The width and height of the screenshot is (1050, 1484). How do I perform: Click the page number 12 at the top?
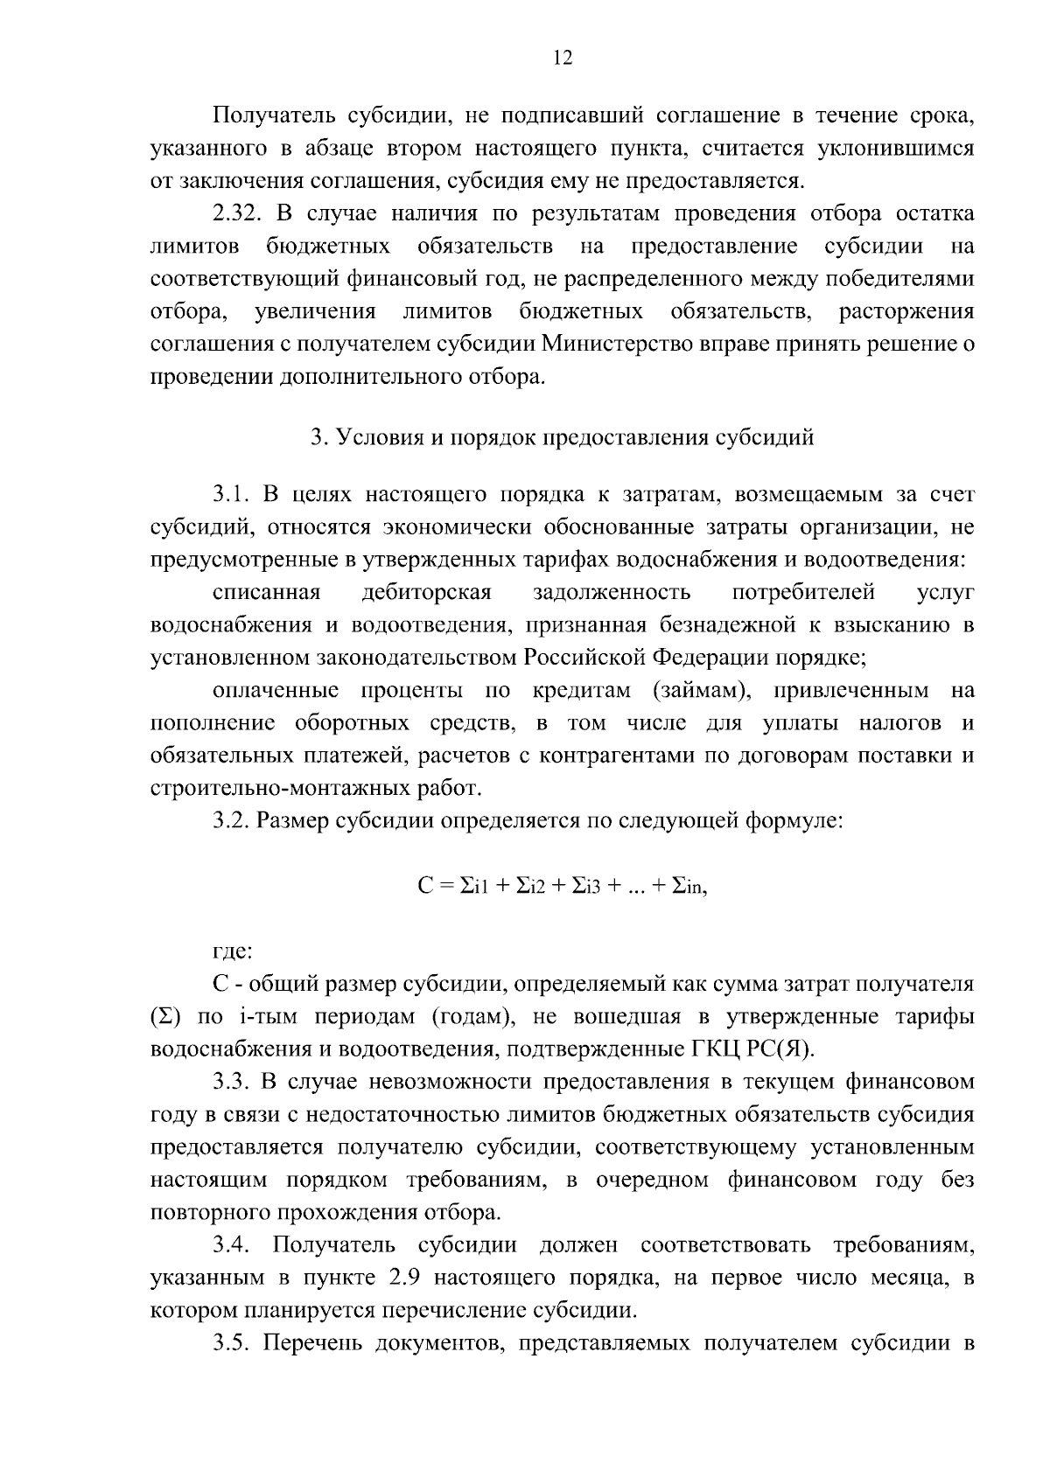tap(563, 58)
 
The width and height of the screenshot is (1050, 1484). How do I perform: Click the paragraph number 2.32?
tap(237, 213)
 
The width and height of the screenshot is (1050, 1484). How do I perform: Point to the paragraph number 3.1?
tap(230, 495)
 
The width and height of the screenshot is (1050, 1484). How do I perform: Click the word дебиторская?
tap(427, 593)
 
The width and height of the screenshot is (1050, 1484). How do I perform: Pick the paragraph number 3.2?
tap(230, 822)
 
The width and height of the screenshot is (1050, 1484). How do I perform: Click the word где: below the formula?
tap(233, 951)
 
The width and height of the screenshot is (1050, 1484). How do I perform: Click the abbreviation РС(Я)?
tap(771, 1049)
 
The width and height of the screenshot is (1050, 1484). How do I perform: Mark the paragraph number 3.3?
tap(230, 1082)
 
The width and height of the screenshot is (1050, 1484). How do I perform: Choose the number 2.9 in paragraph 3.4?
tap(403, 1278)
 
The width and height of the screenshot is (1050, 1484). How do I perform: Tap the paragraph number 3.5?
tap(230, 1343)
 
